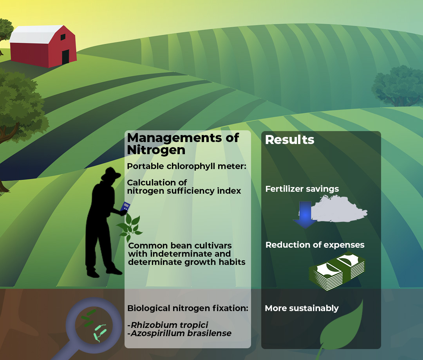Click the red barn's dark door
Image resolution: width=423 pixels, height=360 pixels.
pyautogui.click(x=65, y=57)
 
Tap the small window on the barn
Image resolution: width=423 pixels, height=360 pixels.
pyautogui.click(x=63, y=37)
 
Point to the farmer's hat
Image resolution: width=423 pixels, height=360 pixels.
pyautogui.click(x=110, y=174)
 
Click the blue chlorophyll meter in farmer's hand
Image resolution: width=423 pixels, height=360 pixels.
pyautogui.click(x=125, y=207)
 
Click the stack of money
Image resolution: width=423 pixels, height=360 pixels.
pyautogui.click(x=337, y=271)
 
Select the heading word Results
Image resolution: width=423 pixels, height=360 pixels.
pyautogui.click(x=290, y=140)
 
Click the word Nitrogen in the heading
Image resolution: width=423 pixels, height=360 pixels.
pyautogui.click(x=156, y=150)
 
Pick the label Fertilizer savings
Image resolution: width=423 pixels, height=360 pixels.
pyautogui.click(x=302, y=189)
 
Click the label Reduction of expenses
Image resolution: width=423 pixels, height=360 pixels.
pyautogui.click(x=315, y=245)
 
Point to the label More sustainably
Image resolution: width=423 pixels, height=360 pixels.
pyautogui.click(x=302, y=308)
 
